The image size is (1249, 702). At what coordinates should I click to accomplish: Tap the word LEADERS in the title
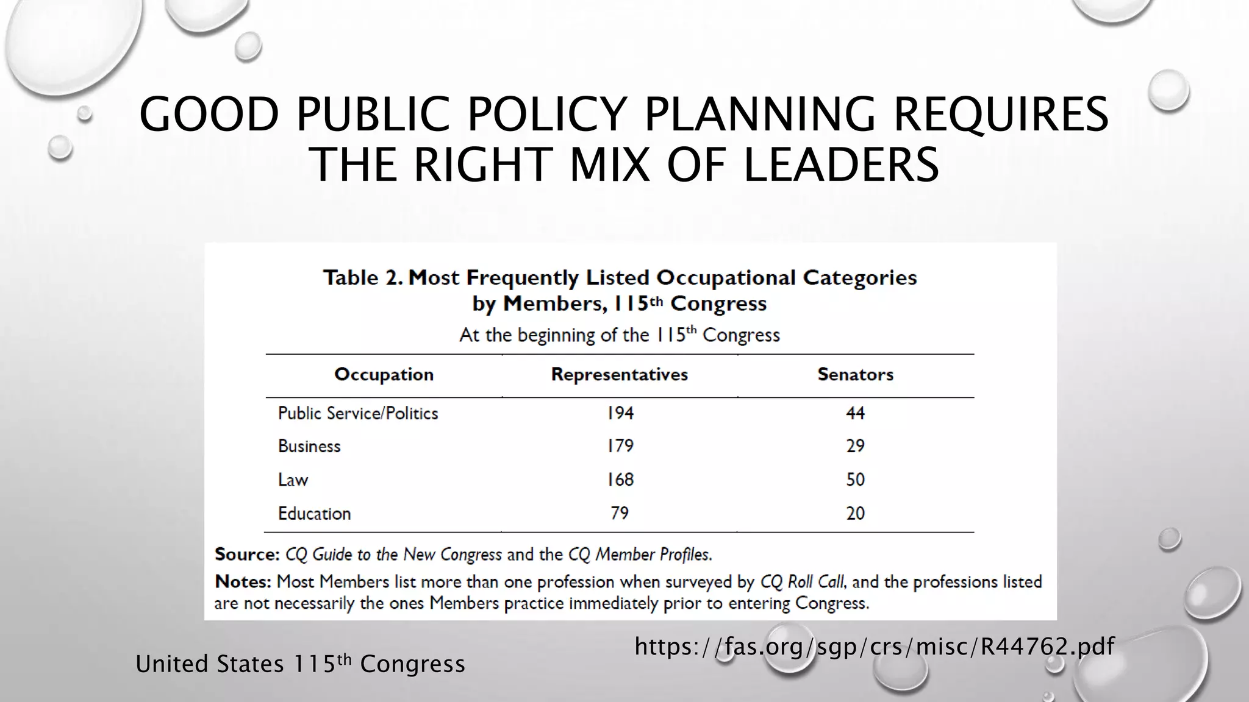pyautogui.click(x=841, y=165)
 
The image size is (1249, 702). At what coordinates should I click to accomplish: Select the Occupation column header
pyautogui.click(x=384, y=374)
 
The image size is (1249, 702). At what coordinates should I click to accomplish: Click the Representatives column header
pyautogui.click(x=619, y=374)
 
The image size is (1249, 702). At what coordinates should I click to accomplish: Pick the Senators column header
pyautogui.click(x=855, y=374)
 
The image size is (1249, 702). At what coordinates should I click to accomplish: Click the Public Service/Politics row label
pyautogui.click(x=358, y=413)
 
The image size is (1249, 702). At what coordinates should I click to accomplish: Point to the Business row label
pyautogui.click(x=309, y=446)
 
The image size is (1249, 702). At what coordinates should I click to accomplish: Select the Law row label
pyautogui.click(x=293, y=480)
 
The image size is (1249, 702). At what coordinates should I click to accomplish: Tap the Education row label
pyautogui.click(x=314, y=513)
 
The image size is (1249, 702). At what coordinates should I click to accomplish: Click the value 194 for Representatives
pyautogui.click(x=620, y=413)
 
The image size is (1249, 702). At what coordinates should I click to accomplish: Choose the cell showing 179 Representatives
pyautogui.click(x=620, y=446)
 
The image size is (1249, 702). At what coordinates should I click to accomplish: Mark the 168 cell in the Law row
pyautogui.click(x=620, y=480)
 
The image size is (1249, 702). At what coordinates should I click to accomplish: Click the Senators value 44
pyautogui.click(x=855, y=413)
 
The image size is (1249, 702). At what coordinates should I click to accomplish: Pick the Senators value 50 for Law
pyautogui.click(x=855, y=480)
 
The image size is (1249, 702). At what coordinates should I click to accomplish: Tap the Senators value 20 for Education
pyautogui.click(x=855, y=513)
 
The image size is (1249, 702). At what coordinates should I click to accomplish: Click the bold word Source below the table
pyautogui.click(x=246, y=555)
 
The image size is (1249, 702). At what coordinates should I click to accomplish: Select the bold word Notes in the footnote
pyautogui.click(x=242, y=582)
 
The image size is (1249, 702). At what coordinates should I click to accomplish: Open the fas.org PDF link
pyautogui.click(x=874, y=646)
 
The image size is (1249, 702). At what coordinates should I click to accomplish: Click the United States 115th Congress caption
pyautogui.click(x=300, y=664)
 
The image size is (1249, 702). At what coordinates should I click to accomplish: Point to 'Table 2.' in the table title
pyautogui.click(x=362, y=278)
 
